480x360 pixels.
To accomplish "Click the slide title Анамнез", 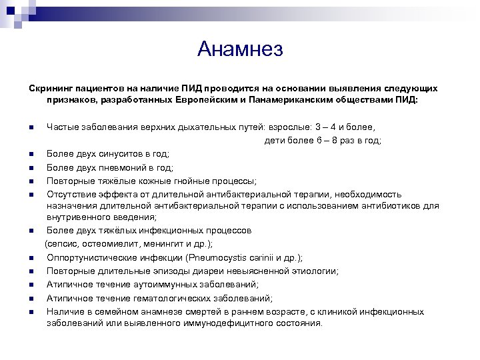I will click(x=240, y=49).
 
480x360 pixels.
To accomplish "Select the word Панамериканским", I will click(x=286, y=100).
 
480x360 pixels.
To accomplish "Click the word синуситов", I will click(x=113, y=154).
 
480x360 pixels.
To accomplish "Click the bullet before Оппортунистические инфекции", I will click(x=31, y=258).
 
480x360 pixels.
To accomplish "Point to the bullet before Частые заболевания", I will click(x=31, y=127).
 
